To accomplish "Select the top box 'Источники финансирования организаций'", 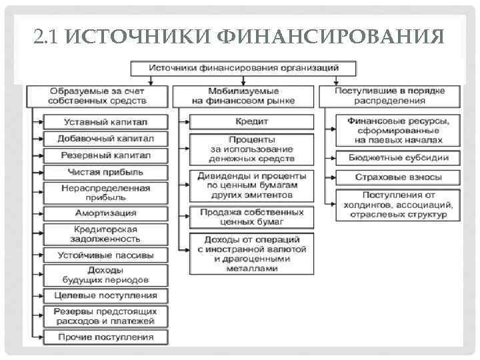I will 243,68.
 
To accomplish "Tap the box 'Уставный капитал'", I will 105,123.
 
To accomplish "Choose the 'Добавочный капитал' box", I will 105,139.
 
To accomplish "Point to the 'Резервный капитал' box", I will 105,155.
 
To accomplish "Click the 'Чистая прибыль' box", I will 105,172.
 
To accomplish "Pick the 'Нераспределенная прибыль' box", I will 105,193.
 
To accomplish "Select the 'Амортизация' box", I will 105,213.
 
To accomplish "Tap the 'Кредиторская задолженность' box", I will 105,233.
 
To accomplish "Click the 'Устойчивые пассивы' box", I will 105,255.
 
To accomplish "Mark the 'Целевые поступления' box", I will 105,295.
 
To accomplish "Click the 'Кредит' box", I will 251,122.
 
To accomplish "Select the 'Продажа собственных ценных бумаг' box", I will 251,217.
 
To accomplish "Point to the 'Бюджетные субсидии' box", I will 399,158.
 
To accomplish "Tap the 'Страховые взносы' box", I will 399,178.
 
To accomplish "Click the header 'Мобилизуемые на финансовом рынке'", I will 244,95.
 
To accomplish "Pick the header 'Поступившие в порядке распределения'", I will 390,95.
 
